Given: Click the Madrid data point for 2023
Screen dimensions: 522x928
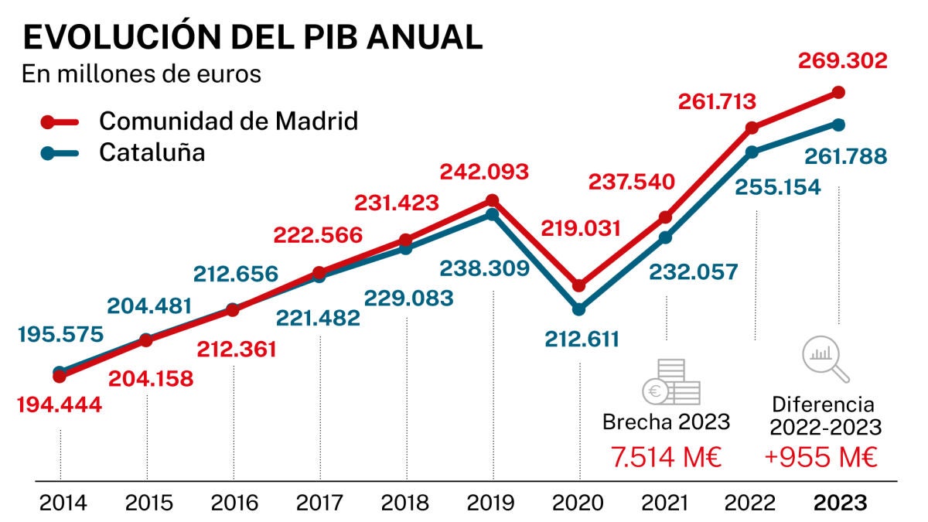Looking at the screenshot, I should [838, 92].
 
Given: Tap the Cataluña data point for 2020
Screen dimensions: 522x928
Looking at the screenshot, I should [578, 309].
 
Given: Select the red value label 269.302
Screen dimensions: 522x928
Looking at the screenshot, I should [843, 61].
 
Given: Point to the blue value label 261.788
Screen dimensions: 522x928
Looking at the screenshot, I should [844, 157].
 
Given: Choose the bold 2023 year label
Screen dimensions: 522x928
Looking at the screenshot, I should [841, 503].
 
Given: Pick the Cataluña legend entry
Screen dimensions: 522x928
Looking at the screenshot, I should [152, 152].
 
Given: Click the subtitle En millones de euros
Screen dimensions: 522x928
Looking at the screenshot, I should [142, 75].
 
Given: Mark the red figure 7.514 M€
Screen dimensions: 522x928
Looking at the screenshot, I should [666, 457].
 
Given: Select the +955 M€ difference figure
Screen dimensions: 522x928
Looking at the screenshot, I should [821, 457].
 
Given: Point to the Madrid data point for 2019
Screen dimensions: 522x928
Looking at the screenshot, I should [493, 200].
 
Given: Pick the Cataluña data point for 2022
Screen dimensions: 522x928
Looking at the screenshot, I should [752, 152].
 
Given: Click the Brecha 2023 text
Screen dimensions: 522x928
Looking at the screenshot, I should [666, 422].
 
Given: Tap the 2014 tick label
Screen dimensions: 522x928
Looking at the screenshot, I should [63, 503].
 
